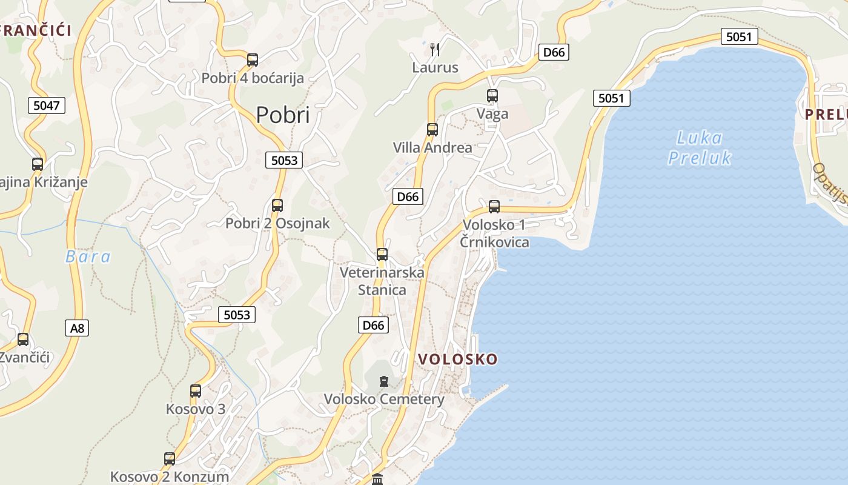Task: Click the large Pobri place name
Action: (x=282, y=115)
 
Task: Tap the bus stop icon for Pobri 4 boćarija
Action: (x=253, y=60)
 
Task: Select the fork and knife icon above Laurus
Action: (x=435, y=49)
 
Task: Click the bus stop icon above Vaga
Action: (x=492, y=95)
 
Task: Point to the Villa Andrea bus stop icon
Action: (x=432, y=129)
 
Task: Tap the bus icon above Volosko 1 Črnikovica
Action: (x=494, y=207)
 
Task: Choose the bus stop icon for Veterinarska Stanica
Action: (x=382, y=255)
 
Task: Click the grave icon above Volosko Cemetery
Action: (x=384, y=381)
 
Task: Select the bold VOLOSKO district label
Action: (x=458, y=359)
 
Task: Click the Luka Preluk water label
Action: (x=700, y=148)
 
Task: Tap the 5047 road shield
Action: (x=47, y=105)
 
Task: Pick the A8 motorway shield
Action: (x=77, y=329)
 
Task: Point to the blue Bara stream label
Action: (x=88, y=256)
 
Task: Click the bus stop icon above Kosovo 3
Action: (x=196, y=391)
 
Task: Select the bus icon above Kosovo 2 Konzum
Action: (x=170, y=459)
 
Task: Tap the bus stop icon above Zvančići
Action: (x=23, y=339)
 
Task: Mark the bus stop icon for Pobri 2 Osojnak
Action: (x=277, y=206)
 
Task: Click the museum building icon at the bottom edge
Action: (x=377, y=480)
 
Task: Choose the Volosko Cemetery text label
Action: (x=384, y=400)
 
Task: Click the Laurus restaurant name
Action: (x=435, y=67)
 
